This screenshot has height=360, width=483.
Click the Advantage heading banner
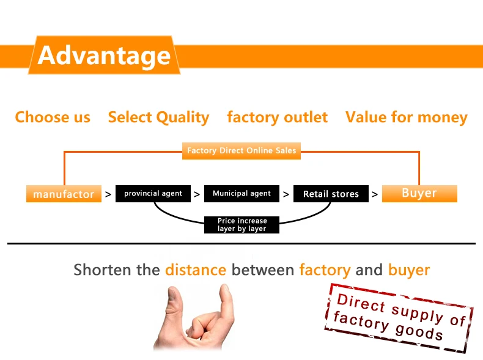coord(104,55)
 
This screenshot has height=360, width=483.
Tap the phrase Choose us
coord(53,117)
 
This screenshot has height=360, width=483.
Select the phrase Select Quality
coord(158,117)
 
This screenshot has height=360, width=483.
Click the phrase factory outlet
coord(277,117)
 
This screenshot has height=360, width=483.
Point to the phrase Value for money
coord(406,117)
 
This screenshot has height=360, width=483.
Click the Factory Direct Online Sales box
coord(242,150)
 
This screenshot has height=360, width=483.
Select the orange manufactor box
coord(64,194)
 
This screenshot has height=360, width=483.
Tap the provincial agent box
coord(153,194)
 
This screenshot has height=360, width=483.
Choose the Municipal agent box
coord(242,194)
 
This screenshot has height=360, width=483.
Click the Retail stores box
coord(331,194)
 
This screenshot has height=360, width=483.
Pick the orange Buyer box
coord(419,193)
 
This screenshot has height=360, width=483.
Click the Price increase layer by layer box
coord(242,225)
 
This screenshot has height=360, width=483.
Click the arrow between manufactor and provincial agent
coord(108,194)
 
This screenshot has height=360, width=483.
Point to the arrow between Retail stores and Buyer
coord(375,194)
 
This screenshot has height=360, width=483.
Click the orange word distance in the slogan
coord(196,270)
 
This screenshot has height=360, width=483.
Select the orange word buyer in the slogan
coord(409,270)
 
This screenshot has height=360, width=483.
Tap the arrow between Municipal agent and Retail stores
coord(286,194)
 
